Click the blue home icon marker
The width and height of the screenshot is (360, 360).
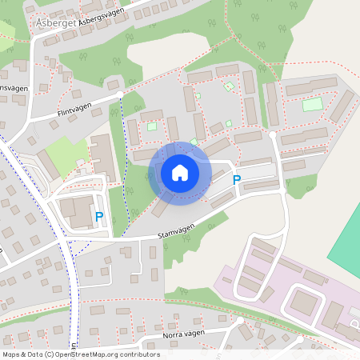click(179, 173)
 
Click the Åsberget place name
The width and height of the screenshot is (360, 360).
click(54, 24)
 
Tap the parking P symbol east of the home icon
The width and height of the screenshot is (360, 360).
click(236, 181)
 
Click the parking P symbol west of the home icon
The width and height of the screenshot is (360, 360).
click(99, 216)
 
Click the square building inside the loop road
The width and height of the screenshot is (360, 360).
click(302, 302)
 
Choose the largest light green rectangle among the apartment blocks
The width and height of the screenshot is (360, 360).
click(312, 104)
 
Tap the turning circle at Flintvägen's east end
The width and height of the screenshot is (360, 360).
click(119, 95)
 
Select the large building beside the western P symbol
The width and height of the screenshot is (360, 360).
click(76, 211)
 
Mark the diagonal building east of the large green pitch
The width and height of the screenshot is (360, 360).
click(342, 106)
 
